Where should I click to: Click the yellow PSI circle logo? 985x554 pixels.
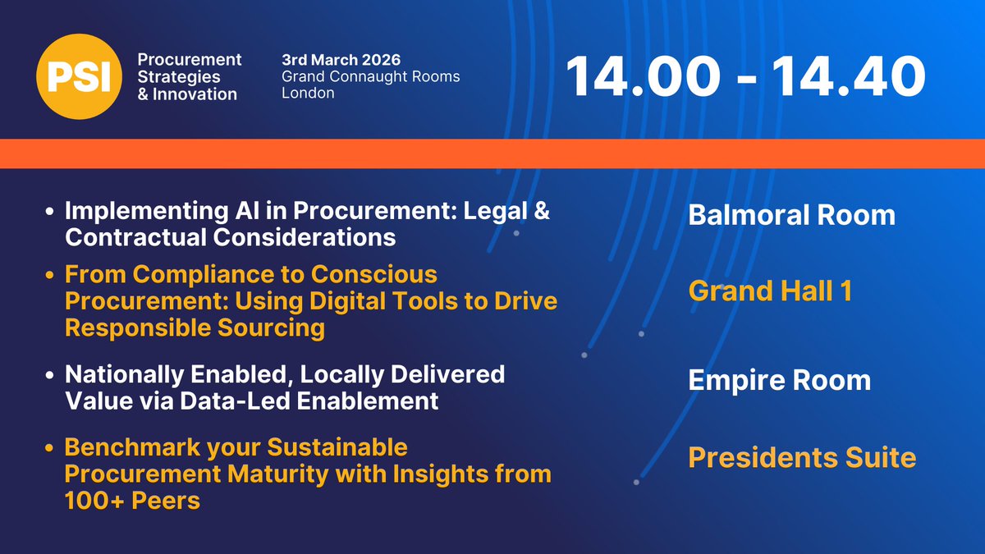76,77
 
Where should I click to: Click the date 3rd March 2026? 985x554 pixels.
340,60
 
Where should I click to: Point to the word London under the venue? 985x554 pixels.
308,93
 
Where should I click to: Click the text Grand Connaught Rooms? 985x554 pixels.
370,76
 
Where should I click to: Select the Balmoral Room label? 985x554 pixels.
791,215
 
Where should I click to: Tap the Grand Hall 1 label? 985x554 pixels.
769,291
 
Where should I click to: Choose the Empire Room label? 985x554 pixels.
779,380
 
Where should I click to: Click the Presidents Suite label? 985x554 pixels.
801,456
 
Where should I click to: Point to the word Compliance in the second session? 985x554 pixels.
184,274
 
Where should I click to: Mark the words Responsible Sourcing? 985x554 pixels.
195,328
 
